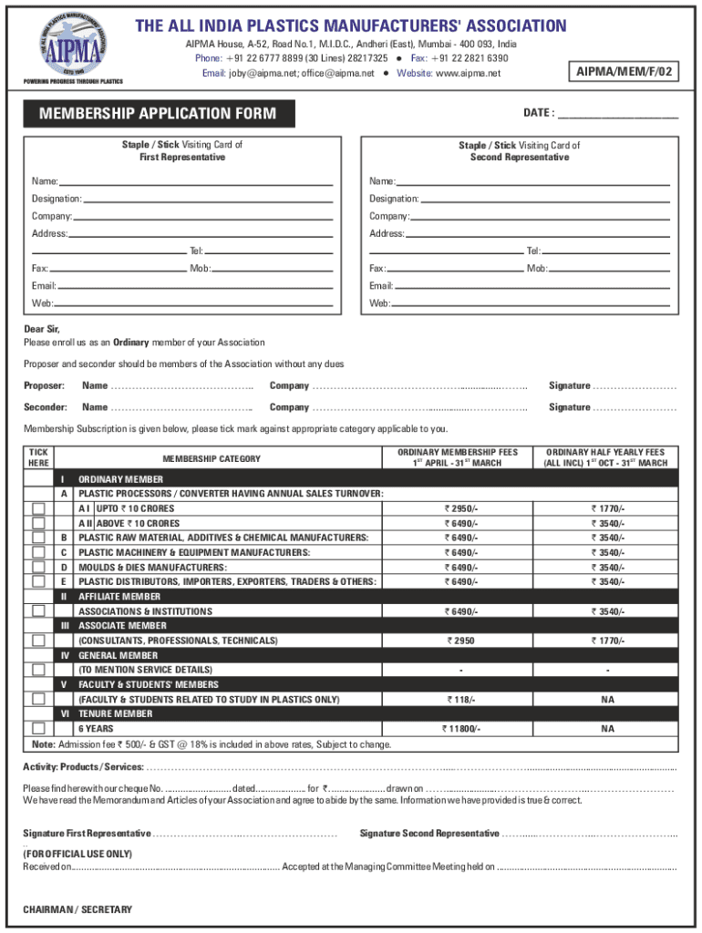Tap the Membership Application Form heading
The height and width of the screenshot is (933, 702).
[x=152, y=114]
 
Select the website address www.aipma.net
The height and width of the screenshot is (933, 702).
[x=469, y=73]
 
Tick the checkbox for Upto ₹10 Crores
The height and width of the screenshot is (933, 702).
[x=38, y=508]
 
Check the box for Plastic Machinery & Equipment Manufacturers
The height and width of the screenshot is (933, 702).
[x=38, y=552]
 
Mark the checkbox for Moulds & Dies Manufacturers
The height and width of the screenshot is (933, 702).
[x=38, y=567]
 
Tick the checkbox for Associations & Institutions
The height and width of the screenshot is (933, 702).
[x=38, y=611]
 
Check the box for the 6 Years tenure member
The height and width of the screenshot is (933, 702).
[x=38, y=729]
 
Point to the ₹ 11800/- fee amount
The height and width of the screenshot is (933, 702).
[x=460, y=729]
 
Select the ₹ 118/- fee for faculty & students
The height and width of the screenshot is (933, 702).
[x=460, y=700]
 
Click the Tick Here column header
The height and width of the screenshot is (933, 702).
[x=38, y=457]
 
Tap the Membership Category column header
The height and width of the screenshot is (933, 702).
[x=212, y=459]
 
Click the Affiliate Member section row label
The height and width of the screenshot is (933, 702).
[x=119, y=597]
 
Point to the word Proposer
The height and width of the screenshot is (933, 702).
[x=44, y=386]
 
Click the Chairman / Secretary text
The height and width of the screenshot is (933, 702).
[x=77, y=909]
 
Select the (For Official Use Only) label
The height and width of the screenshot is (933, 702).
[x=77, y=854]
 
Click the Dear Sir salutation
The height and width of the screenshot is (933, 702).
[x=42, y=330]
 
